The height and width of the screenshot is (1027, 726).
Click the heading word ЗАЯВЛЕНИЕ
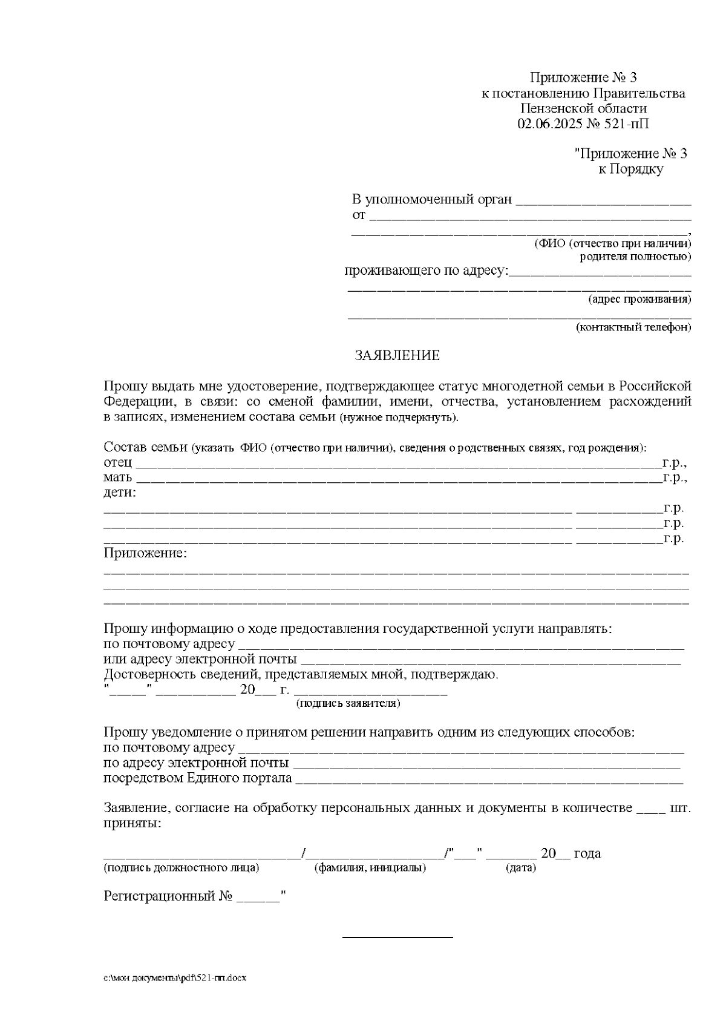[x=397, y=356]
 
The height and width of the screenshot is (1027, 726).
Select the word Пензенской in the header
[x=555, y=109]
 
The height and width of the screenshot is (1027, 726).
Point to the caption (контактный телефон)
[x=633, y=327]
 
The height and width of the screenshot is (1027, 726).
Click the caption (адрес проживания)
[x=639, y=299]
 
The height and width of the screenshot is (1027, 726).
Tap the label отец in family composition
[x=117, y=463]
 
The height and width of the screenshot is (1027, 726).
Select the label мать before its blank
[x=118, y=478]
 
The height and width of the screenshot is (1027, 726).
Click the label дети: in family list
[x=120, y=493]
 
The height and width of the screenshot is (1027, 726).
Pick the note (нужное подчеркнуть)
[x=399, y=418]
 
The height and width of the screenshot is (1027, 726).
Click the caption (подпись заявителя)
[x=347, y=703]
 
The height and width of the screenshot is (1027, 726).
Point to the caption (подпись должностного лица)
[x=181, y=868]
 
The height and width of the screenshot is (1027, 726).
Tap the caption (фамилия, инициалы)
[x=370, y=868]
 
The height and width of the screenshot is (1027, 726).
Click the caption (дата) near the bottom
[x=520, y=868]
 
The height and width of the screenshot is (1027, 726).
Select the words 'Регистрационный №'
[x=168, y=896]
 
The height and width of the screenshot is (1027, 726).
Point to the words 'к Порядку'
[x=630, y=169]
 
